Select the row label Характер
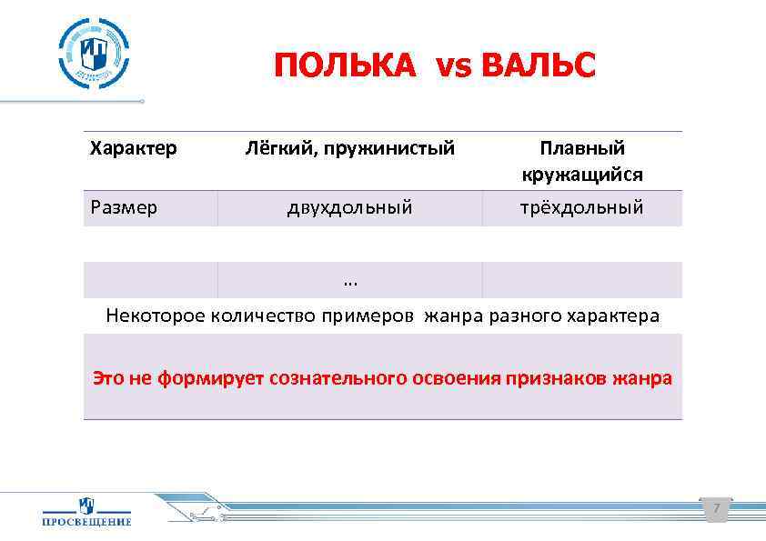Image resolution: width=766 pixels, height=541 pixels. [133, 147]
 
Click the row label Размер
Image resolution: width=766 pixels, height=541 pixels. [124, 207]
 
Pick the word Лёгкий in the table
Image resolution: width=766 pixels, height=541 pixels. [275, 147]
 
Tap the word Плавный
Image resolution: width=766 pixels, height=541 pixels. [581, 147]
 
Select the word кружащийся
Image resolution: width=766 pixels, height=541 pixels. [581, 174]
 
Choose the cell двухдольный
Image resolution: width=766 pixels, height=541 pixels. [349, 207]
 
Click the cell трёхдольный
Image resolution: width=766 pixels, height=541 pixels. [581, 207]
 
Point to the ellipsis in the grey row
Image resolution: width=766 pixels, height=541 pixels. [350, 280]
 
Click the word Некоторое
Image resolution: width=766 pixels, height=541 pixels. [156, 316]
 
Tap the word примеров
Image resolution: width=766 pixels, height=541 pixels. [373, 316]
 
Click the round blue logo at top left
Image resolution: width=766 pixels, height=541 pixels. [94, 52]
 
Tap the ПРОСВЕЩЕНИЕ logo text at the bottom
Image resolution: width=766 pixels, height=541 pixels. [86, 521]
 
